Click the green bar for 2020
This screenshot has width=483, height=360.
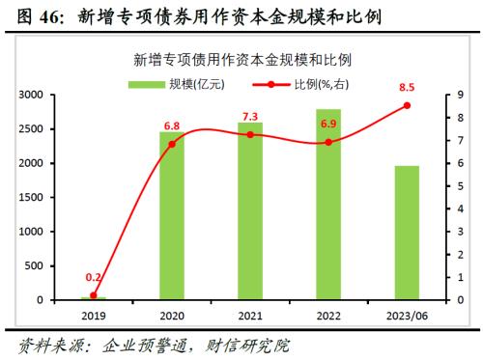tap(172, 216)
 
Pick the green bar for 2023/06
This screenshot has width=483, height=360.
tap(407, 233)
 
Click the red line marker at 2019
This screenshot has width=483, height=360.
tap(94, 295)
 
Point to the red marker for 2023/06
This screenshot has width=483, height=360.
tap(407, 105)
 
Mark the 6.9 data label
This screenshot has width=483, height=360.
tap(328, 125)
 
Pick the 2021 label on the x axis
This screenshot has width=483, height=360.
tap(250, 315)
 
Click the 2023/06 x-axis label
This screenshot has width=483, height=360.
tap(407, 315)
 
